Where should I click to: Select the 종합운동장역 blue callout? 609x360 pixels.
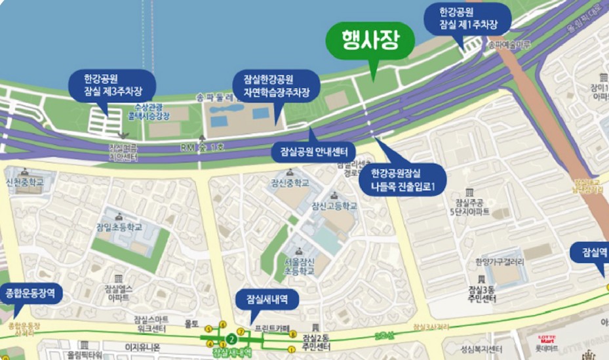point(33,292)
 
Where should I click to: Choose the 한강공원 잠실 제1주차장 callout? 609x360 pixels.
point(465,19)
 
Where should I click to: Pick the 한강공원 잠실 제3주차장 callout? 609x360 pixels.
point(113,83)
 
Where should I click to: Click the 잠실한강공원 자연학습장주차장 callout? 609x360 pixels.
point(276,85)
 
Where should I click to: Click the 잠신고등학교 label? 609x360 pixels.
point(334,206)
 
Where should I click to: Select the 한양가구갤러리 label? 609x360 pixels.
point(500,262)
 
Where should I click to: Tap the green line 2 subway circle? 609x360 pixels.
point(231,339)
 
